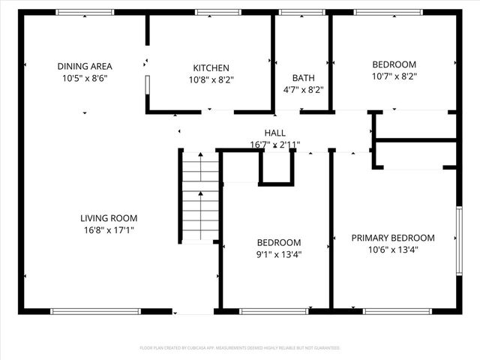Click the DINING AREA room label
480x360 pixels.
click(x=84, y=66)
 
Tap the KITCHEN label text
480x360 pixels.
click(x=210, y=68)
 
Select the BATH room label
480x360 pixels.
click(x=303, y=77)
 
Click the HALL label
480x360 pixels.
click(x=274, y=133)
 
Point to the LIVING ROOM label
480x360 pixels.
click(x=109, y=218)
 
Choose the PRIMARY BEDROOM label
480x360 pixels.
click(x=392, y=238)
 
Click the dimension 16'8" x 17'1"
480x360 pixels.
click(x=109, y=230)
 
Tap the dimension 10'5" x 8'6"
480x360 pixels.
click(x=84, y=78)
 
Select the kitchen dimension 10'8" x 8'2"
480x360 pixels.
click(x=210, y=80)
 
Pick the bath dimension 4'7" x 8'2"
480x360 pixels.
click(x=303, y=89)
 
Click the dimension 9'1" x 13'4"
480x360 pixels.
click(x=278, y=254)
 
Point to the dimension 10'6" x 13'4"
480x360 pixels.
click(x=392, y=250)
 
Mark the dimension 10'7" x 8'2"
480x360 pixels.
click(x=394, y=76)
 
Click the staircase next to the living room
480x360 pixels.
click(x=200, y=196)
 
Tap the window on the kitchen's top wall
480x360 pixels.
click(x=217, y=12)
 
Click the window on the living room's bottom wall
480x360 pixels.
click(x=95, y=310)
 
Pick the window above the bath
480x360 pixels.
click(x=301, y=12)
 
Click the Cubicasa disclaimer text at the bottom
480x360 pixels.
click(x=240, y=348)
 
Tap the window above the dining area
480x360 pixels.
click(x=85, y=12)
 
